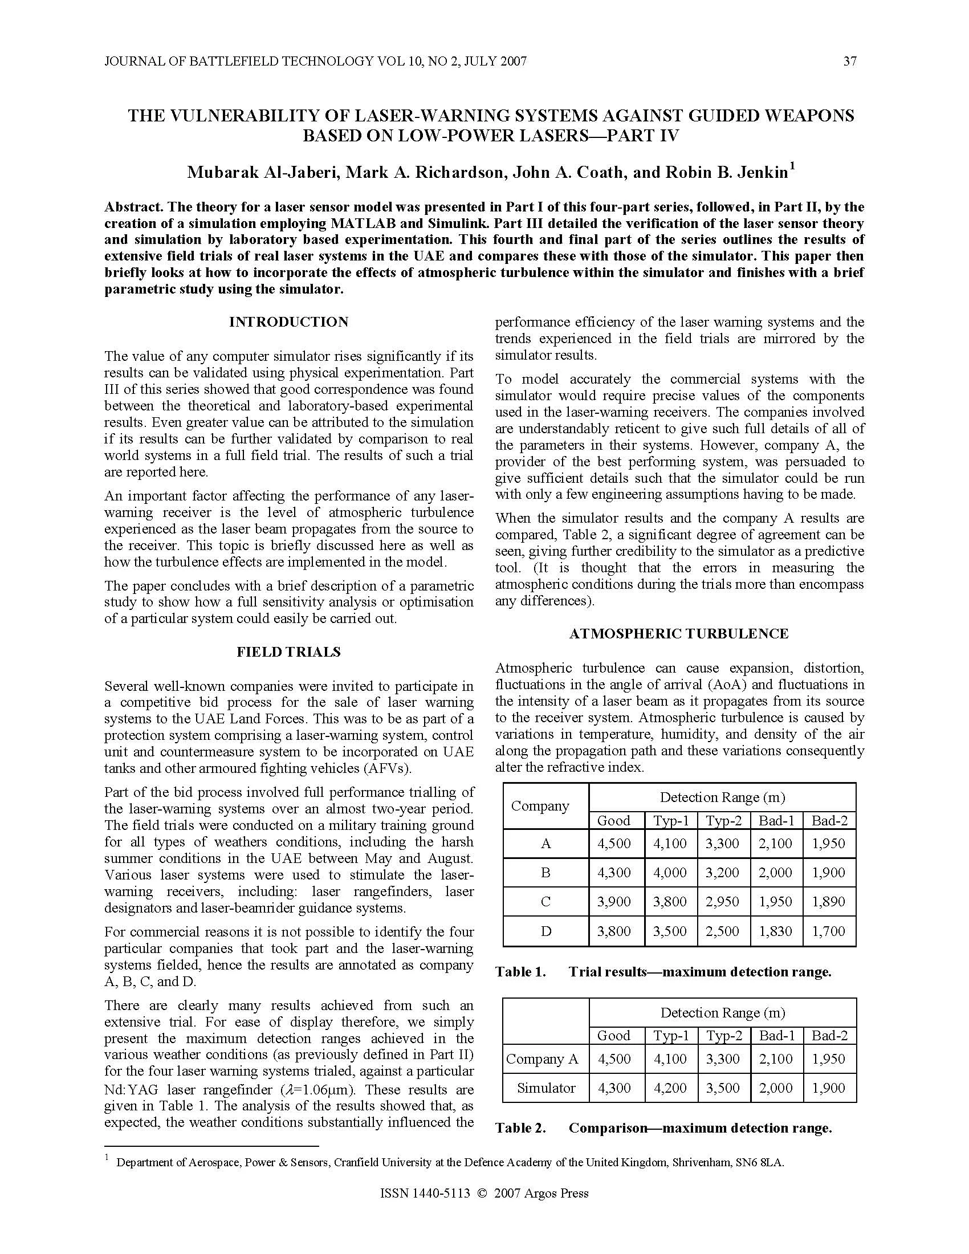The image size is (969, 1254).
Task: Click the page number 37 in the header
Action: click(850, 62)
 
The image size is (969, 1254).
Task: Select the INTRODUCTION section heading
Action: click(289, 322)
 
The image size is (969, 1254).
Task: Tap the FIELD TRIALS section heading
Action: click(289, 652)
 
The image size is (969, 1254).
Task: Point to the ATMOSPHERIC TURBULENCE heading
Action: click(678, 634)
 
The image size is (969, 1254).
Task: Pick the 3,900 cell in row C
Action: click(614, 902)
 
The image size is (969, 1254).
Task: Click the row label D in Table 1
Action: click(545, 931)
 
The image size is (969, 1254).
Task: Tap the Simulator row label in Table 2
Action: click(545, 1088)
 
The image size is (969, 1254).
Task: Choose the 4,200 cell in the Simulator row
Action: click(670, 1088)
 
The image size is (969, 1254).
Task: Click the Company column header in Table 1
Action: click(540, 806)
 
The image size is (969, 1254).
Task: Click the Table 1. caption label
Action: click(520, 972)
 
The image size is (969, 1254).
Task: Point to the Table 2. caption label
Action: click(520, 1128)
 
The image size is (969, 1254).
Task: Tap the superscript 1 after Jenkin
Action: click(792, 167)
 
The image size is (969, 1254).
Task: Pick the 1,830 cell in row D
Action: click(776, 931)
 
